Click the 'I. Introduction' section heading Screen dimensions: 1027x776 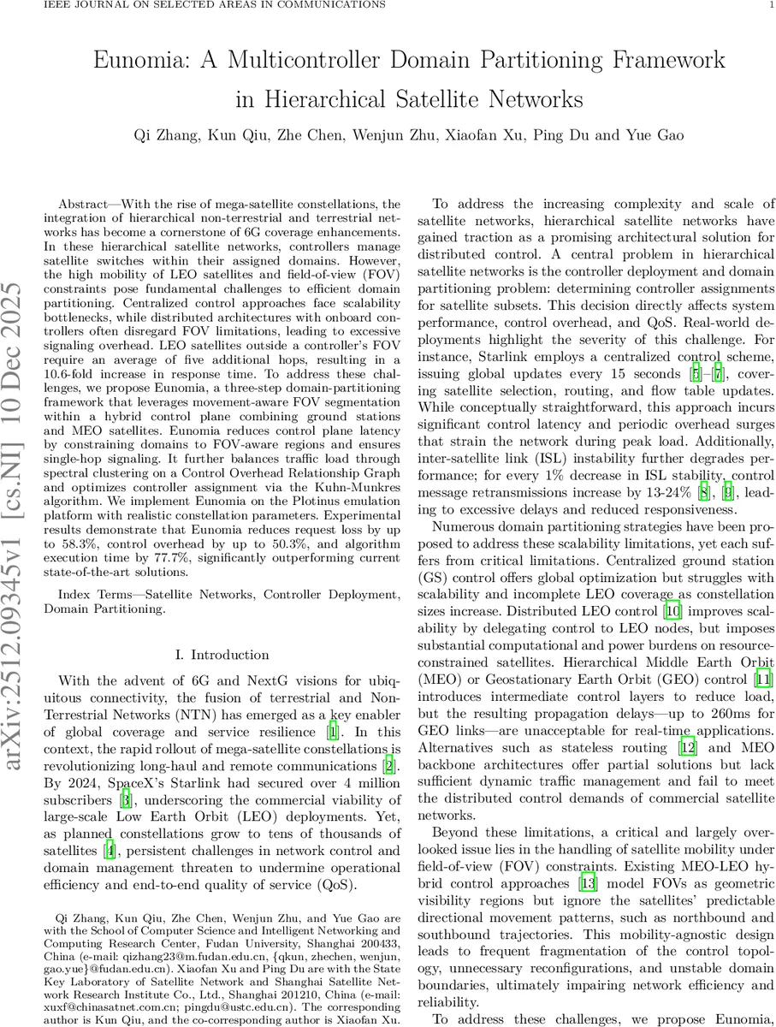218,655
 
